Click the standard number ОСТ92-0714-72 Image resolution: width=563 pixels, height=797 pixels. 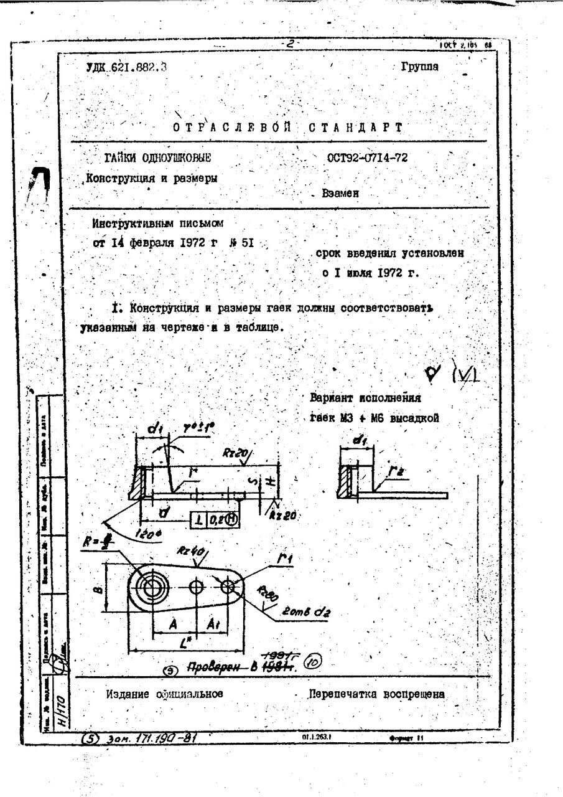[367, 158]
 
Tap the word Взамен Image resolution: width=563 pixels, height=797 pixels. [340, 194]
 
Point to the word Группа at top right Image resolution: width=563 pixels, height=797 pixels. [420, 67]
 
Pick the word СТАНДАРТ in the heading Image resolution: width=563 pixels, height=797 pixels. [355, 128]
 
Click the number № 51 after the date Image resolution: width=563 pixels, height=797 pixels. [243, 243]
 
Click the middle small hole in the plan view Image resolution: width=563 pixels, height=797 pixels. [197, 587]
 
